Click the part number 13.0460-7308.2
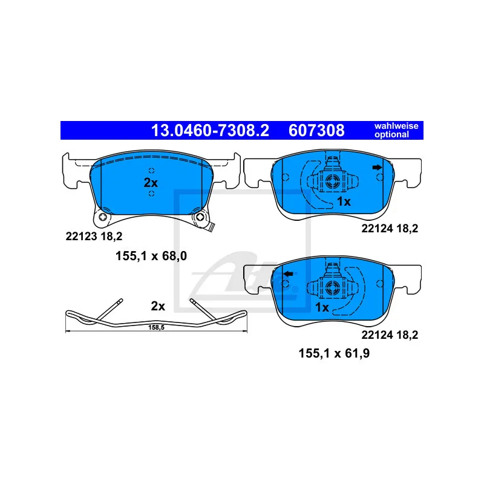click(209, 130)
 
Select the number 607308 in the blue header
click(317, 130)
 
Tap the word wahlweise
click(396, 126)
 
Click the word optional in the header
click(392, 134)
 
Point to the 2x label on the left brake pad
click(150, 183)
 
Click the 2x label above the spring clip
click(158, 306)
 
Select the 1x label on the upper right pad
click(344, 201)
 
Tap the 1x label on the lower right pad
click(322, 307)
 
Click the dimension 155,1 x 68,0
click(151, 256)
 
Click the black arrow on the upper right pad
click(378, 168)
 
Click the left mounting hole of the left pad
click(105, 218)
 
